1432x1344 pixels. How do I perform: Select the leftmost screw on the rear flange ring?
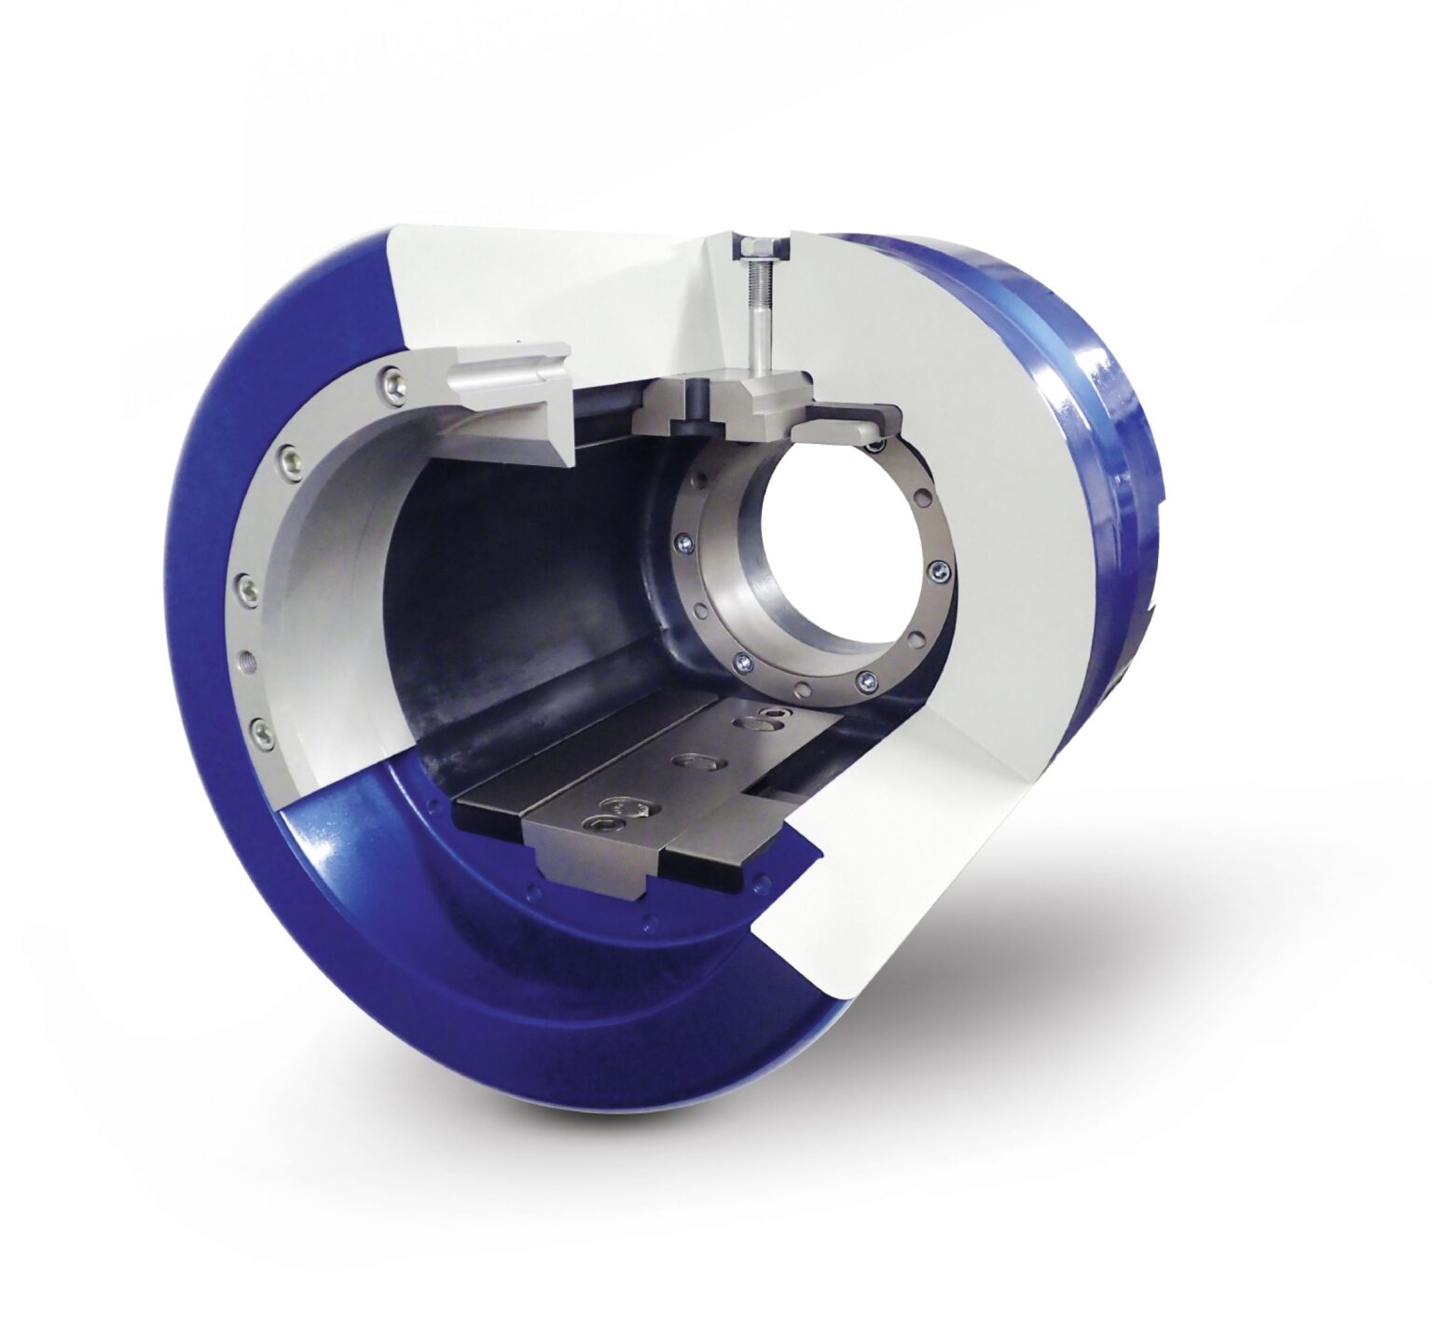tap(683, 544)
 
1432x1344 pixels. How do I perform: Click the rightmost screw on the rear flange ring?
tap(939, 570)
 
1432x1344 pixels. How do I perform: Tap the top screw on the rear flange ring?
tap(874, 447)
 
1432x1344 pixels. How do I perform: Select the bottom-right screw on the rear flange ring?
tap(868, 681)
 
